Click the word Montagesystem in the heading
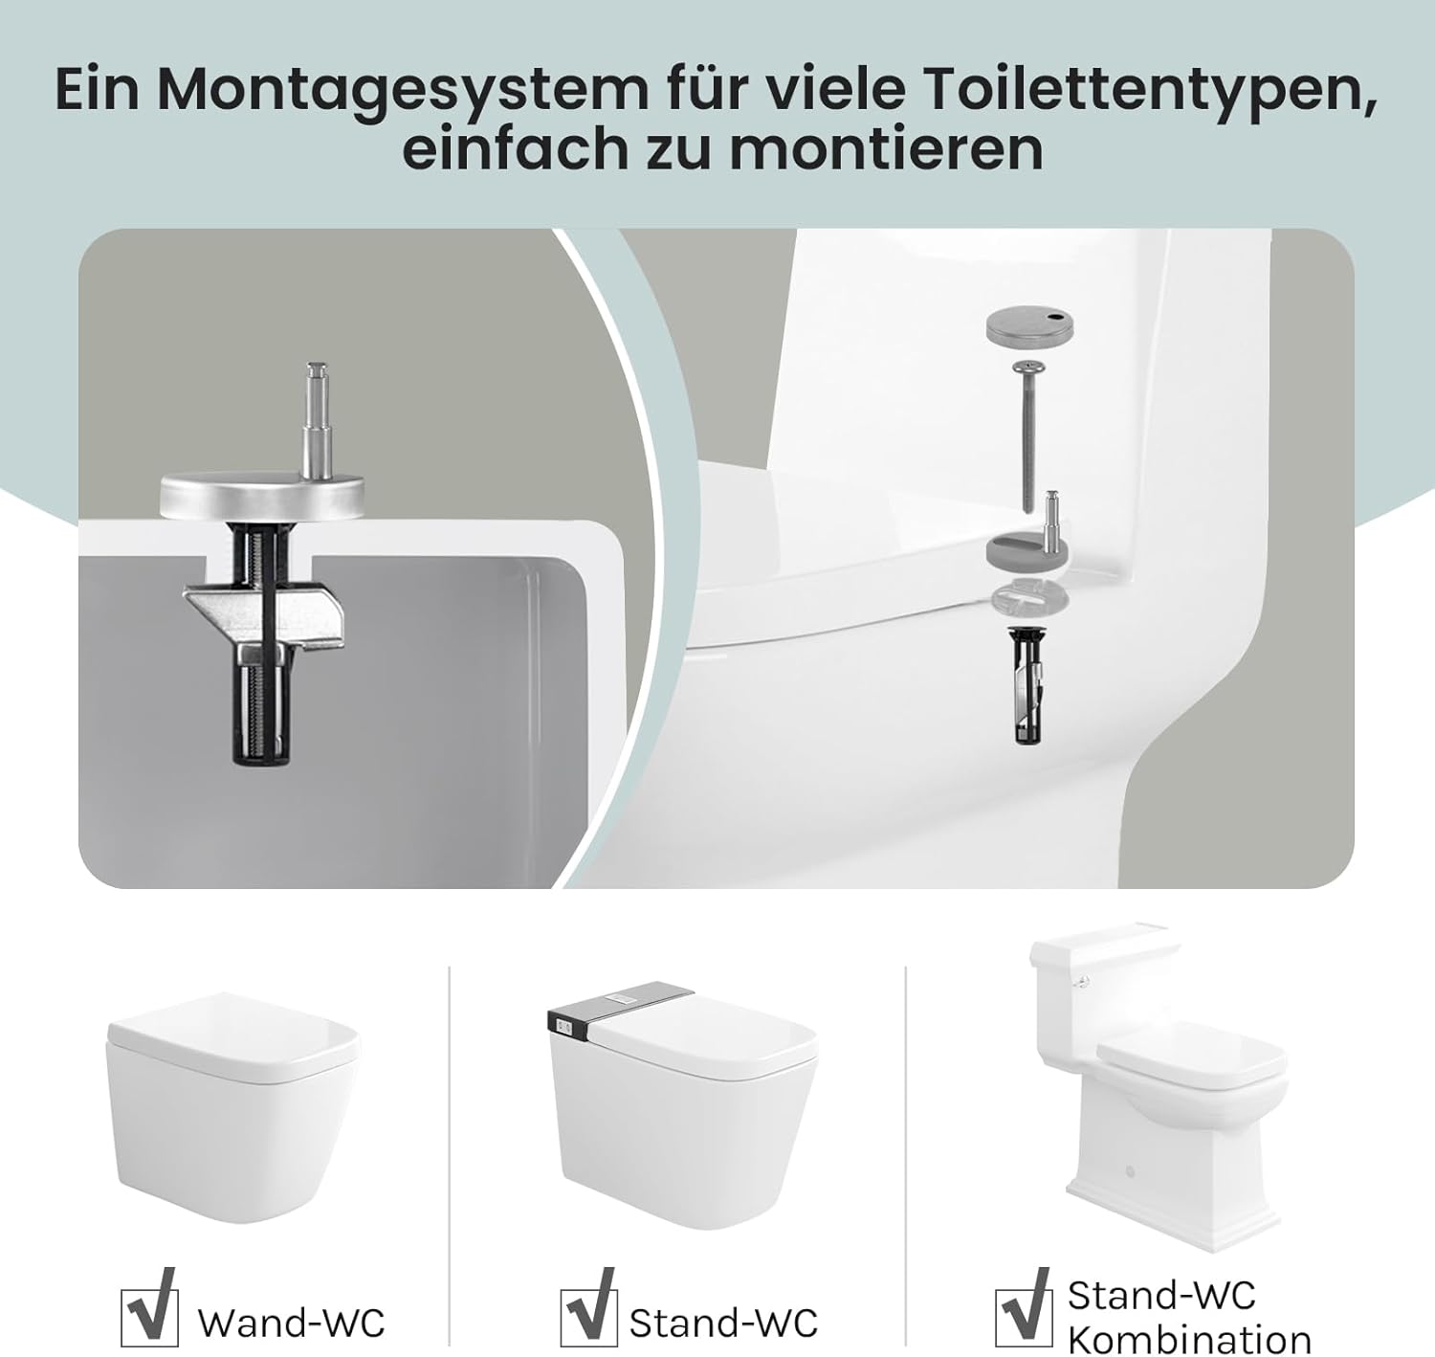pos(402,89)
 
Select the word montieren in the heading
pos(886,149)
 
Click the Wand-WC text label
pos(291,1324)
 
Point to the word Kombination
pos(1189,1339)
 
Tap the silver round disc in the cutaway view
pos(263,496)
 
